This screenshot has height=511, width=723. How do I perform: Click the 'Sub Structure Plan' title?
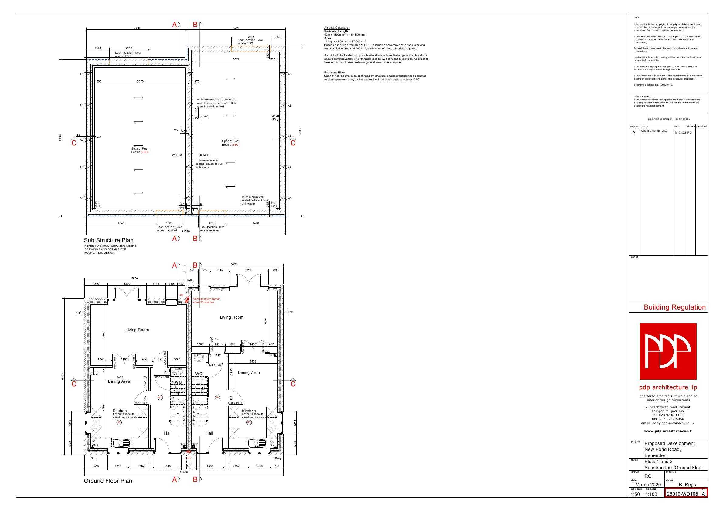(x=108, y=240)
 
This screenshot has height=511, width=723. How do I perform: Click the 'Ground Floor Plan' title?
(x=108, y=481)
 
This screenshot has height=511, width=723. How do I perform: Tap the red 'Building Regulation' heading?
(x=674, y=307)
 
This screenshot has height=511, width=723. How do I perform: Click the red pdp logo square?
(x=668, y=351)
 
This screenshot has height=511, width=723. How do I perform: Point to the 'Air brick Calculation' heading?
(x=337, y=28)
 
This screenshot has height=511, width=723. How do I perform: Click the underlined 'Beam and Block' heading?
(x=334, y=73)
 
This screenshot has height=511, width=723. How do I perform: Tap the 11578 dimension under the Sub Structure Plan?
(x=186, y=232)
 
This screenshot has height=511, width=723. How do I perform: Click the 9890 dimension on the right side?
(x=300, y=130)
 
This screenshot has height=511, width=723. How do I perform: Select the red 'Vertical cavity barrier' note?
(x=206, y=300)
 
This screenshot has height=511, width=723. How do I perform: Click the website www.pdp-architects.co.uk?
(x=667, y=431)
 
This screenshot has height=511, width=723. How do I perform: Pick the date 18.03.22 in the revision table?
(x=680, y=133)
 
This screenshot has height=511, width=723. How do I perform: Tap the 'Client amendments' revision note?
(x=654, y=131)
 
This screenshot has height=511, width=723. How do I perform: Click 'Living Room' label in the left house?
(x=137, y=330)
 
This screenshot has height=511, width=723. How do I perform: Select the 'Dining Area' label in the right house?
(x=249, y=372)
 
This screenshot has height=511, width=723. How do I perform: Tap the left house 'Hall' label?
(x=168, y=433)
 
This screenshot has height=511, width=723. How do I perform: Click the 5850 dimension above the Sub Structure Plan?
(x=136, y=28)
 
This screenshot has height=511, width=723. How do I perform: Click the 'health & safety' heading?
(x=642, y=97)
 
